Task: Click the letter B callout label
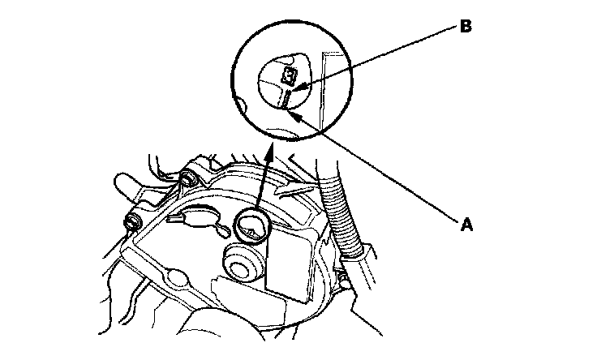(x=465, y=26)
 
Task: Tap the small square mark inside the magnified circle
(x=288, y=76)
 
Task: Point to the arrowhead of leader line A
(x=296, y=114)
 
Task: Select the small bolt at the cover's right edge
(x=346, y=279)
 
